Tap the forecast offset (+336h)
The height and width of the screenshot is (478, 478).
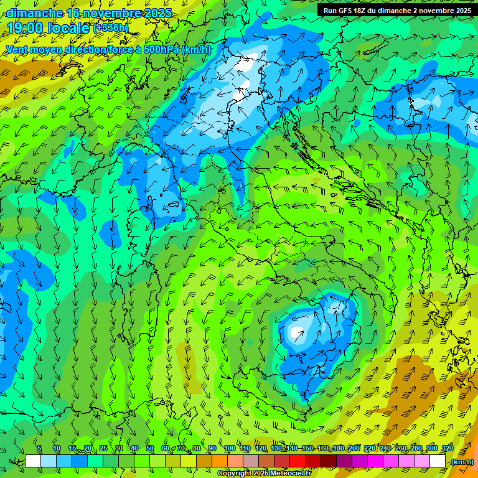[x=111, y=28]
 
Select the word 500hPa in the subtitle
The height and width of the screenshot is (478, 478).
[x=161, y=49]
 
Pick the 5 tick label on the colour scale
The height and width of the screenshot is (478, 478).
[x=39, y=449]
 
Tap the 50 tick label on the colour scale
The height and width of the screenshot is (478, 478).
[x=150, y=449]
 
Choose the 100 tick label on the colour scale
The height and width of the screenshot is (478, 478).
[x=229, y=449]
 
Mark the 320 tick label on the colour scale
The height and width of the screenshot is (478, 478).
[x=446, y=449]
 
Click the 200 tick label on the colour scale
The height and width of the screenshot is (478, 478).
[x=354, y=449]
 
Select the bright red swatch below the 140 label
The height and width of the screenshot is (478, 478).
[x=298, y=461]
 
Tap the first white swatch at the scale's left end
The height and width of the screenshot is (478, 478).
[x=33, y=461]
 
